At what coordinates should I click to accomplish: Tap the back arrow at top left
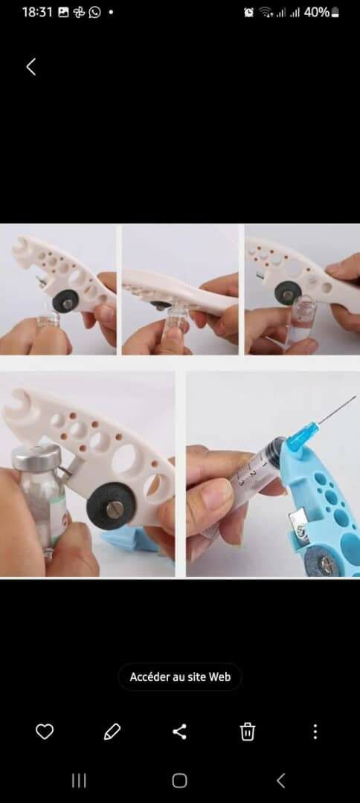pos(31,67)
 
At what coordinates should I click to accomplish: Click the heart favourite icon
pos(45,732)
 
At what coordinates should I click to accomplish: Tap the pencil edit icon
pos(112,732)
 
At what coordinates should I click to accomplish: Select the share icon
pos(179,732)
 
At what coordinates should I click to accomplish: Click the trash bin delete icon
pos(248,732)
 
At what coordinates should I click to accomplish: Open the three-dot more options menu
pos(315,732)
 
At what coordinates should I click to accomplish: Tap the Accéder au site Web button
pos(180,677)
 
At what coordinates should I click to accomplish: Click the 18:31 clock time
pos(37,13)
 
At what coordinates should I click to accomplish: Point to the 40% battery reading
pos(316,13)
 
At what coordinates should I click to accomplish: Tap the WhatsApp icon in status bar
pos(94,13)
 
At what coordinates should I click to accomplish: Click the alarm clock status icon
pos(249,13)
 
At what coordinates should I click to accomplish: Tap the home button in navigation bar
pos(179,781)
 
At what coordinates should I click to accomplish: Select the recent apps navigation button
pos(79,781)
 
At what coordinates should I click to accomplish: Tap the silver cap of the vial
pos(36,457)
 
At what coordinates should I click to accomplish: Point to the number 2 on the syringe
pos(253,475)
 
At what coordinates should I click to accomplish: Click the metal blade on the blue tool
pos(298,526)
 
